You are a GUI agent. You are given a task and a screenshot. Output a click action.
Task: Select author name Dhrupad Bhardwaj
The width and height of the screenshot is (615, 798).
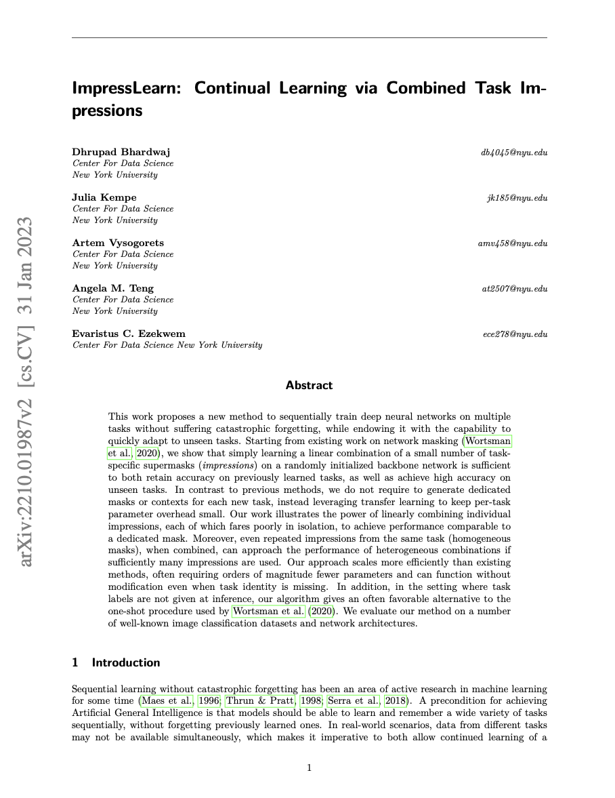click(x=121, y=152)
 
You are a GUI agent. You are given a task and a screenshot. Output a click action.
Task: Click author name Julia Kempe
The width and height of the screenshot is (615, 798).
click(x=104, y=197)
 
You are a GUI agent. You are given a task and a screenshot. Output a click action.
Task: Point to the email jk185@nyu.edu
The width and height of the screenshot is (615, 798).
click(x=517, y=198)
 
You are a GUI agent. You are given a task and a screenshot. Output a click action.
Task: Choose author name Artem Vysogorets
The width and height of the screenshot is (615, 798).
click(x=118, y=243)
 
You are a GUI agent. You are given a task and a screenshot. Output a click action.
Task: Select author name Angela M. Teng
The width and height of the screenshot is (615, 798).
click(x=113, y=288)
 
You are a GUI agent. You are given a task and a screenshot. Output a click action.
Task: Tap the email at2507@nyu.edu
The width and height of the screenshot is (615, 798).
click(x=514, y=289)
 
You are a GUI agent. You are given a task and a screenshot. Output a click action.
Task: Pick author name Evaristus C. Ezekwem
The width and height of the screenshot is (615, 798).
click(x=129, y=334)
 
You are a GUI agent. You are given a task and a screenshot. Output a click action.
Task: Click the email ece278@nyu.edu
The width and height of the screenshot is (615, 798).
click(x=515, y=334)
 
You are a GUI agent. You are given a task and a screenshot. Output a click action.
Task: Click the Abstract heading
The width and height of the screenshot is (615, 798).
click(x=309, y=386)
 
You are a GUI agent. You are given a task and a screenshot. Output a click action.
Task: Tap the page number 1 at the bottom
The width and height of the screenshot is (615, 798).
click(x=310, y=767)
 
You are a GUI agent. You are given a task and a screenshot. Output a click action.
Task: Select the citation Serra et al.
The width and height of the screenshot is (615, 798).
click(x=354, y=701)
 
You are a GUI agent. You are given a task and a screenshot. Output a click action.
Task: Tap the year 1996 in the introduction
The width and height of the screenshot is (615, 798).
click(x=209, y=701)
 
